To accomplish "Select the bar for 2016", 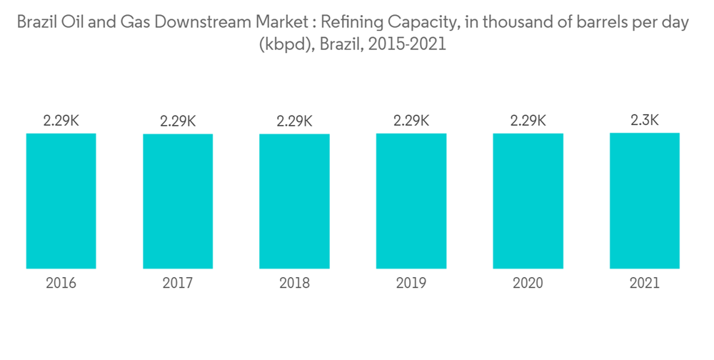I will click(x=61, y=201).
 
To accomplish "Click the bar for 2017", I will click(x=178, y=201).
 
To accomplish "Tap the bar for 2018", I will click(x=294, y=201).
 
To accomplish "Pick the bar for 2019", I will click(x=411, y=201).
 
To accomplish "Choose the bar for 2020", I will click(x=528, y=201).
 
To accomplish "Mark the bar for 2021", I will click(x=644, y=201).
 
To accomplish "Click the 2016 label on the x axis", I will click(x=61, y=284).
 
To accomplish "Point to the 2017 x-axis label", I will click(x=178, y=284).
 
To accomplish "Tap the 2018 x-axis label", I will click(x=294, y=284).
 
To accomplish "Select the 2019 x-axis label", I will click(x=411, y=284).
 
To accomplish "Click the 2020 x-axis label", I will click(x=528, y=284).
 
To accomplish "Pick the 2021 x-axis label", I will click(x=644, y=284).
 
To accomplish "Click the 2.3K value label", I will click(x=644, y=121).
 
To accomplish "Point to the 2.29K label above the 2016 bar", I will click(x=61, y=121).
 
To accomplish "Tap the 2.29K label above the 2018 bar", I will click(x=294, y=121).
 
